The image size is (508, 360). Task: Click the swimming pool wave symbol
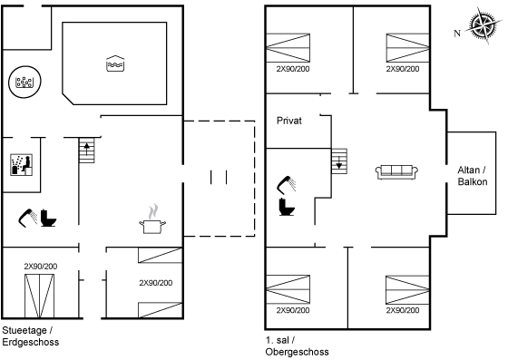coord(115,64)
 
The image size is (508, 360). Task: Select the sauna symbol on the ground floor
coord(22,165)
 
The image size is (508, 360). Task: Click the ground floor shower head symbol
coord(28,217)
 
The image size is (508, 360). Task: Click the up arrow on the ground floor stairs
coord(87,148)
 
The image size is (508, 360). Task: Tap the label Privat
coord(288,120)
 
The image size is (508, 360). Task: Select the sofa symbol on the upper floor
coord(396,171)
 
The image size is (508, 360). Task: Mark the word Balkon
coord(474,181)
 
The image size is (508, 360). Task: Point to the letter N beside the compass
coord(457,34)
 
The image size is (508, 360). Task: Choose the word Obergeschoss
coord(297,351)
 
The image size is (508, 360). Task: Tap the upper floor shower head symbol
coord(288,183)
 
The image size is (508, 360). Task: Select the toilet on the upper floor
coord(288,207)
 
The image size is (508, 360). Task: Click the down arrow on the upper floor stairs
coord(339,164)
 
